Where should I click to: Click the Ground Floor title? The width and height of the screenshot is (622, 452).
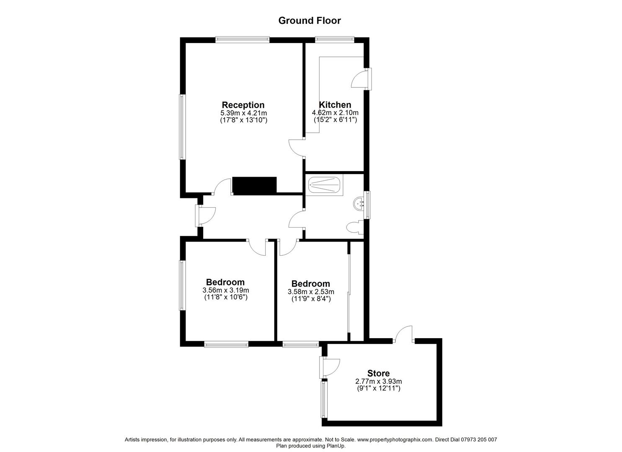click(x=310, y=21)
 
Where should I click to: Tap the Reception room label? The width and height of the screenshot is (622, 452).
click(x=243, y=105)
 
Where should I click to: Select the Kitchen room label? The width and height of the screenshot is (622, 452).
click(x=335, y=105)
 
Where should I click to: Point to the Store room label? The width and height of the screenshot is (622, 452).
click(x=378, y=373)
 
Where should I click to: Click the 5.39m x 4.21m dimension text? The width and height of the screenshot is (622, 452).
click(x=243, y=113)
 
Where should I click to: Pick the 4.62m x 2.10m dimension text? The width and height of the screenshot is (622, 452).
click(x=335, y=113)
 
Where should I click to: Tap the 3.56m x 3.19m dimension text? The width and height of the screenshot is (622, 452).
click(x=225, y=290)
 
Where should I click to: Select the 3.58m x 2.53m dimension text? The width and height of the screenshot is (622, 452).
click(x=311, y=292)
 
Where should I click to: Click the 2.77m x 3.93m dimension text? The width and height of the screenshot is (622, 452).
click(x=379, y=382)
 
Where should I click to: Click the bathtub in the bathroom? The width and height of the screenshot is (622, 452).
click(x=324, y=185)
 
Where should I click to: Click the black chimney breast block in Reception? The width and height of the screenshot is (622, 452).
click(x=254, y=185)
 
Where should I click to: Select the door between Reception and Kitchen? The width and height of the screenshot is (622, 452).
click(x=296, y=148)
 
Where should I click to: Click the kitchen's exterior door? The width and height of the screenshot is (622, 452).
click(x=361, y=79)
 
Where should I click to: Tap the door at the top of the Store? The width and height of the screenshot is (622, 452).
click(x=403, y=334)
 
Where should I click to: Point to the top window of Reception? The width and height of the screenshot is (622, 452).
click(x=243, y=40)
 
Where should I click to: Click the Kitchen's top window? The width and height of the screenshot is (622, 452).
click(x=335, y=40)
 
